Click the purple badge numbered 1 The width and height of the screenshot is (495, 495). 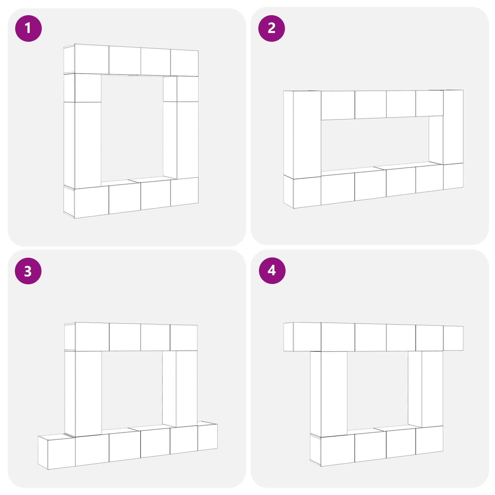pyautogui.click(x=28, y=28)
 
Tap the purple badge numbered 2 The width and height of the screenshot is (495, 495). pyautogui.click(x=271, y=28)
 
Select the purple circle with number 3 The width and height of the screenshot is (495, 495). pyautogui.click(x=28, y=271)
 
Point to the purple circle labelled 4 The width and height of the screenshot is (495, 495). pyautogui.click(x=272, y=270)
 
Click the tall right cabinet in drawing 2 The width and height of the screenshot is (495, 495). pyautogui.click(x=453, y=127)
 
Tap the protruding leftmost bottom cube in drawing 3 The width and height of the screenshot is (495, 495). pyautogui.click(x=57, y=452)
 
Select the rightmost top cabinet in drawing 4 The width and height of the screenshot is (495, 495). pyautogui.click(x=453, y=338)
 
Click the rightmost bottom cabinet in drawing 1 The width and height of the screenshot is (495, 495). pyautogui.click(x=184, y=192)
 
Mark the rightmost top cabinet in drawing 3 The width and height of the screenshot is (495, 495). pyautogui.click(x=184, y=338)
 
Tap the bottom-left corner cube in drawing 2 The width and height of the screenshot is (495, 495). pyautogui.click(x=303, y=192)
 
